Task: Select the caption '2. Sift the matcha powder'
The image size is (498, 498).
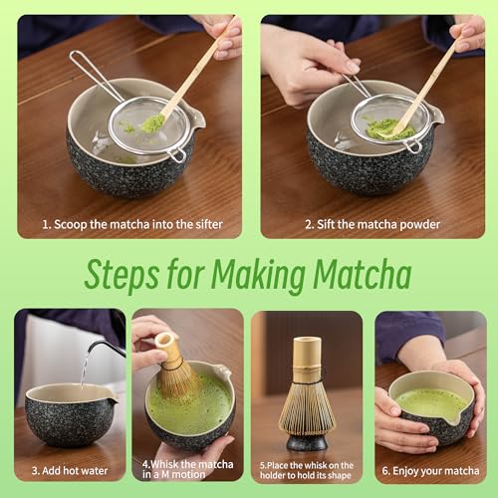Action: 372,224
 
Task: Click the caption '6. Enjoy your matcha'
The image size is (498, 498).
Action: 430,469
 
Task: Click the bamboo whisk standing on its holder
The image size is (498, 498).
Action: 307,383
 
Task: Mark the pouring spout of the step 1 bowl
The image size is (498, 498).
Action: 198,121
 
